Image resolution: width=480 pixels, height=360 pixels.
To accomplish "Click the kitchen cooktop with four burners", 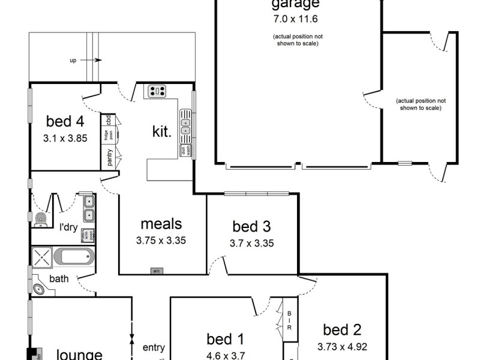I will click(x=158, y=91).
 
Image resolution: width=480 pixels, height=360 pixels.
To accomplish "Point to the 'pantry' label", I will click(x=110, y=158).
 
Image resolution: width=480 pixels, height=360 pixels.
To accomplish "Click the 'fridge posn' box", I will click(x=110, y=136).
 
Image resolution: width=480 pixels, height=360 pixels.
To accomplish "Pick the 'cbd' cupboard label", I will click(x=109, y=120).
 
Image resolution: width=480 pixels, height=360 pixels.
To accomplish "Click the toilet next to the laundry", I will click(x=40, y=220).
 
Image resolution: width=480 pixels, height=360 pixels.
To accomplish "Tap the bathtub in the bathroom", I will click(x=74, y=257).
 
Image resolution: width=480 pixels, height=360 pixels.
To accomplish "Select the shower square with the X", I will click(x=41, y=257).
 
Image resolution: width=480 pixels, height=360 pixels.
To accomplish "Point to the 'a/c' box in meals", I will click(x=157, y=271).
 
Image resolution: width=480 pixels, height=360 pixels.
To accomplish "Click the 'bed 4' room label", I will click(x=65, y=122).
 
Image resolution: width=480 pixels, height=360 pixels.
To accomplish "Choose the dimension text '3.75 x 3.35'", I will click(x=161, y=243).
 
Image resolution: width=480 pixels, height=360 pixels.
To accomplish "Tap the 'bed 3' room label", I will click(x=251, y=226).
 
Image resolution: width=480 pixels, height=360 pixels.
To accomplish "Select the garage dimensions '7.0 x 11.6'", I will click(x=294, y=19).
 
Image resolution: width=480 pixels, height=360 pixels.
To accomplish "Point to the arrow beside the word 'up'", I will click(x=95, y=60).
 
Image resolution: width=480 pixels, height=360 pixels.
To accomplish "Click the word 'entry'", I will click(x=154, y=347).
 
